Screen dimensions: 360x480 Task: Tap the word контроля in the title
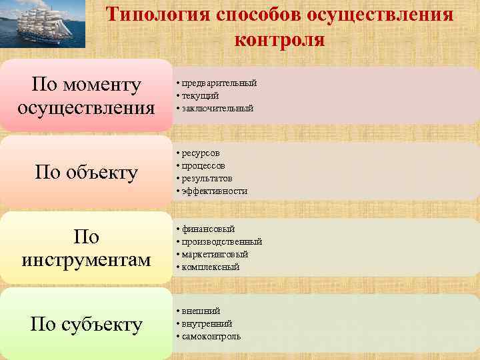[x=280, y=39]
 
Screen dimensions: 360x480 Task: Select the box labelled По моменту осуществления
[x=86, y=95]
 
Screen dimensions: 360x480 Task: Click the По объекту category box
[x=86, y=172]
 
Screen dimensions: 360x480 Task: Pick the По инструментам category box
[x=86, y=248]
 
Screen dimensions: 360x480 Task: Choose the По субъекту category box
[x=86, y=324]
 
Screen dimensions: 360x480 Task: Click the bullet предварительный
[x=217, y=83]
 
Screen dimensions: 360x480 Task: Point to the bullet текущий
[x=198, y=95]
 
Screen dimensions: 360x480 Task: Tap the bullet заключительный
[x=215, y=108]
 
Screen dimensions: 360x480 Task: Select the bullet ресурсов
[x=198, y=153]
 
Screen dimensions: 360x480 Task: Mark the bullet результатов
[x=205, y=178]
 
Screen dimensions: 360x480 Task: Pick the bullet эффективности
[x=212, y=191]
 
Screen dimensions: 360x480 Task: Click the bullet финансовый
[x=206, y=229]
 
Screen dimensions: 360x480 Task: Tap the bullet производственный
[x=219, y=241]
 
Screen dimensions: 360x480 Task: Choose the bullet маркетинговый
[x=213, y=254]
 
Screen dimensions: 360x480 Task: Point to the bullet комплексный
[x=209, y=267]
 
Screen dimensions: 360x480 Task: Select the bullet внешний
[x=199, y=311]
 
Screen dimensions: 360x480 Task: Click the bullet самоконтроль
[x=209, y=337]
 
